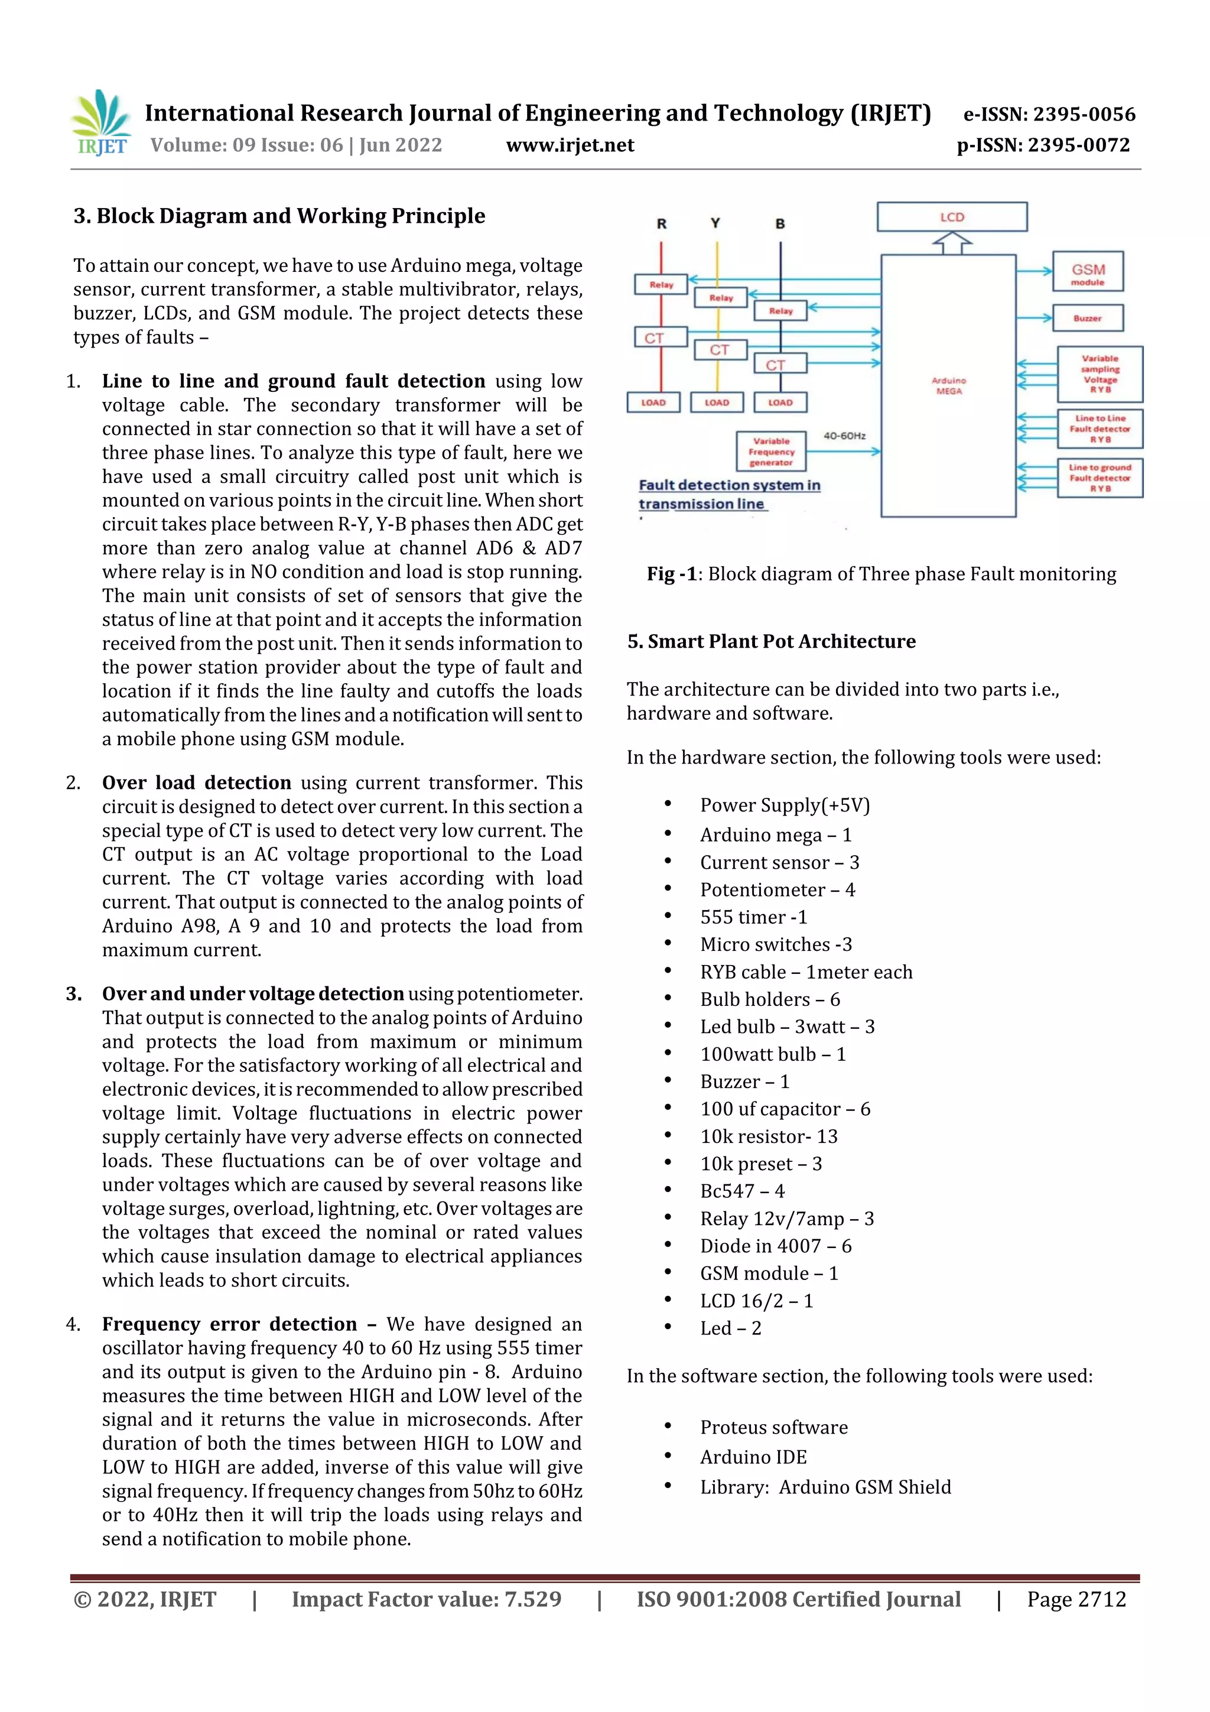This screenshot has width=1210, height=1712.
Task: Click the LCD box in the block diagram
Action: (951, 217)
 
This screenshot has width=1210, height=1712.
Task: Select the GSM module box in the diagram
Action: (1087, 272)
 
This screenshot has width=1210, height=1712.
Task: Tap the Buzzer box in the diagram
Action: (1087, 318)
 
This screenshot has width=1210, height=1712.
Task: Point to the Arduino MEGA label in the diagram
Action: (948, 385)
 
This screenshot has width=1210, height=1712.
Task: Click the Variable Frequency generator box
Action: (771, 451)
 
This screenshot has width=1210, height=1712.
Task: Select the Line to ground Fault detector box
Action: (1100, 477)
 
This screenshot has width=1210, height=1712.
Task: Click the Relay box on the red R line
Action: (661, 284)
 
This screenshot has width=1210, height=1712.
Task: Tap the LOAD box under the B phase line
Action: (780, 402)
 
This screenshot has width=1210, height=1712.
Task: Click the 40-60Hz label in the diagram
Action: (843, 435)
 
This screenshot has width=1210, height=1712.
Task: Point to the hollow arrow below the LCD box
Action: (951, 243)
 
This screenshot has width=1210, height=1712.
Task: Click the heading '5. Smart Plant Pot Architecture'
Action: (771, 641)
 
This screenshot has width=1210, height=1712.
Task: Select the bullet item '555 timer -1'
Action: (753, 917)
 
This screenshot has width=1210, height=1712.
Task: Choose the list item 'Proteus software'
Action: (773, 1427)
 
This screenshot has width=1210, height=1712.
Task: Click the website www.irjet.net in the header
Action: (570, 145)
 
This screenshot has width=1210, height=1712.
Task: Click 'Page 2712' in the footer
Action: (1076, 1599)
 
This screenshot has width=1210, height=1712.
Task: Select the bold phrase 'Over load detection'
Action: (196, 782)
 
